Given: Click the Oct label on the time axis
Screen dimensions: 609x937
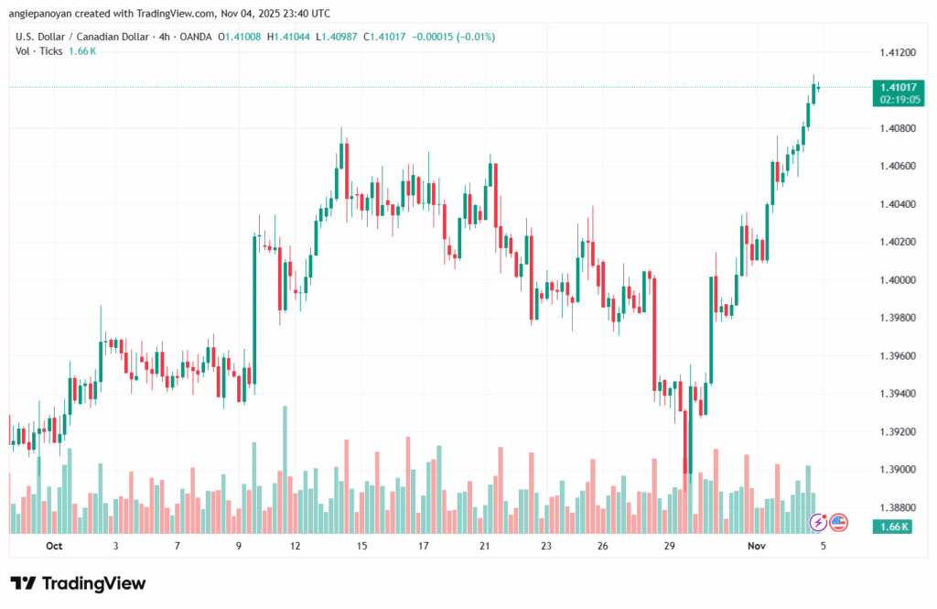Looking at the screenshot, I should coord(54,546).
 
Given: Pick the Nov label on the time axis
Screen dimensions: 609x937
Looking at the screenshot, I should coord(756,546).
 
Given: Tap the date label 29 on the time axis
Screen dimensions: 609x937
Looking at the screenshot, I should coord(670,546).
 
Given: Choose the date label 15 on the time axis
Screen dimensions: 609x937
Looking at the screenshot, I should coord(361,546).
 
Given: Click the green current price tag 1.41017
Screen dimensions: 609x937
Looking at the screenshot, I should coord(899,87).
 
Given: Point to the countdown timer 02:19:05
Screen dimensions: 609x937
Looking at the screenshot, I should coord(899,99).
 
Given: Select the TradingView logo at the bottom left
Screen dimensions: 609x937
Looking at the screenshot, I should coord(78,583).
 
